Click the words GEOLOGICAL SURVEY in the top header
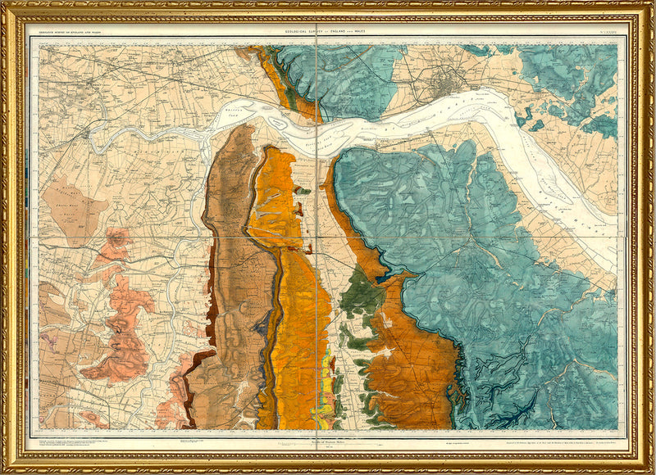303,30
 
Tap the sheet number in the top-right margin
608,30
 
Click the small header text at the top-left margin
74,31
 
